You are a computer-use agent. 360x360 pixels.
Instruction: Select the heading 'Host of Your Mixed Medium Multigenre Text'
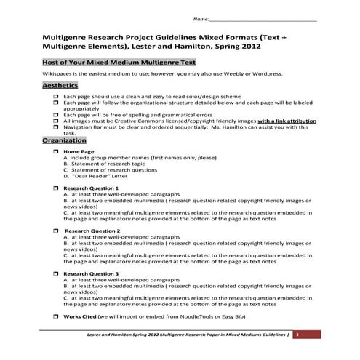[119, 61]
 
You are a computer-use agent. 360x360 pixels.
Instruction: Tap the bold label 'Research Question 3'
[91, 273]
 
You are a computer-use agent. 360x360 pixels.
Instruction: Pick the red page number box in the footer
[297, 333]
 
